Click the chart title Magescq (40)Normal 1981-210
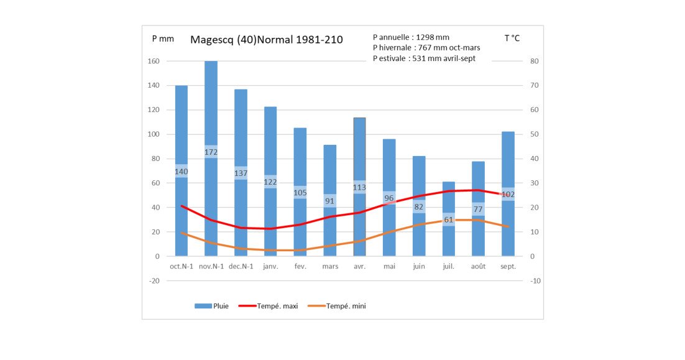tap(267, 40)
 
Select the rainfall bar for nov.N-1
tap(211, 159)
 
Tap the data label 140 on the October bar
tap(182, 171)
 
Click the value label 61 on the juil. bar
tap(449, 219)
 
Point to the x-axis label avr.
tap(359, 266)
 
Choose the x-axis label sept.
tap(508, 266)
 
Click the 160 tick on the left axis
tap(154, 61)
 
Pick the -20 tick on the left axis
tap(154, 280)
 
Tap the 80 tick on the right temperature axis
tap(535, 61)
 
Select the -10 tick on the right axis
tap(535, 280)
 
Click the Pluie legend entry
tap(211, 306)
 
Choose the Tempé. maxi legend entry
tap(269, 306)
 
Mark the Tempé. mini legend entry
tap(337, 306)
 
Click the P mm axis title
tap(163, 39)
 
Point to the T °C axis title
tap(512, 38)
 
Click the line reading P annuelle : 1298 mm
tap(411, 37)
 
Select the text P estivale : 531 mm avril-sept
tap(424, 58)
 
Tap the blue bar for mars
tap(330, 201)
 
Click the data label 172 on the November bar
tap(211, 152)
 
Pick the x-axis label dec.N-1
tap(241, 266)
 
